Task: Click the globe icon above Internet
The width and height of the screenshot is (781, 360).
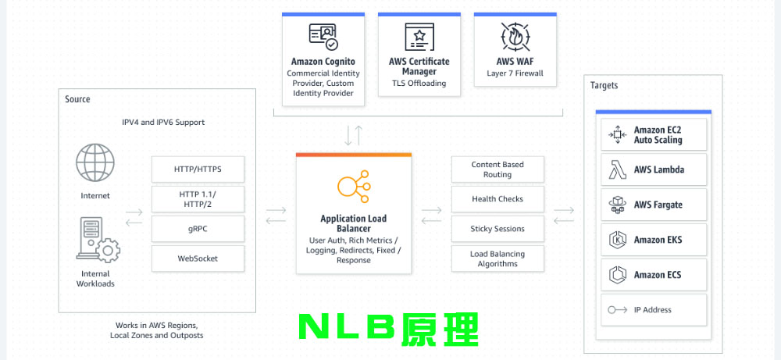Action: [x=95, y=162]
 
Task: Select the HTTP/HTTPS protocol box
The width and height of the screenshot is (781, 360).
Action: [x=197, y=169]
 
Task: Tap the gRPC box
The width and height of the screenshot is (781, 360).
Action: [x=197, y=228]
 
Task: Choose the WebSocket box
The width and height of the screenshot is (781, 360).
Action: [x=197, y=258]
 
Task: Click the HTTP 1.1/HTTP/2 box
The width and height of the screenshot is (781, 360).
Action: [x=197, y=198]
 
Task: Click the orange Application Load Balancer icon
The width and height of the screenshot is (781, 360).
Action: [x=353, y=187]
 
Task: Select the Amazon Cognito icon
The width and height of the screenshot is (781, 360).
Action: [x=323, y=37]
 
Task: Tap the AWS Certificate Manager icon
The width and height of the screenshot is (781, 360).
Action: [x=419, y=37]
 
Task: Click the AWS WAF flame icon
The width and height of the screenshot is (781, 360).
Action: [x=515, y=37]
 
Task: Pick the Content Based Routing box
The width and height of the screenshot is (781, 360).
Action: [x=497, y=169]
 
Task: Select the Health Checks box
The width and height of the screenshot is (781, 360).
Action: [x=497, y=199]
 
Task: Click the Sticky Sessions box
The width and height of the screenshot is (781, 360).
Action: [x=497, y=229]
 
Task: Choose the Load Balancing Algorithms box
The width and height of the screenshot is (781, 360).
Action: [x=497, y=258]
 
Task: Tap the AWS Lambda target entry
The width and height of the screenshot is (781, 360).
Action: [x=653, y=169]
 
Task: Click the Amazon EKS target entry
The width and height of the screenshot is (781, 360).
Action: [x=653, y=240]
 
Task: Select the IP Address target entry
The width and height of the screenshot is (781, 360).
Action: [x=653, y=310]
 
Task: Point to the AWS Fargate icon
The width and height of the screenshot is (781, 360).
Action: [x=618, y=205]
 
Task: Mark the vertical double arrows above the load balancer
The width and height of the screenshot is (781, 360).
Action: [x=353, y=135]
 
